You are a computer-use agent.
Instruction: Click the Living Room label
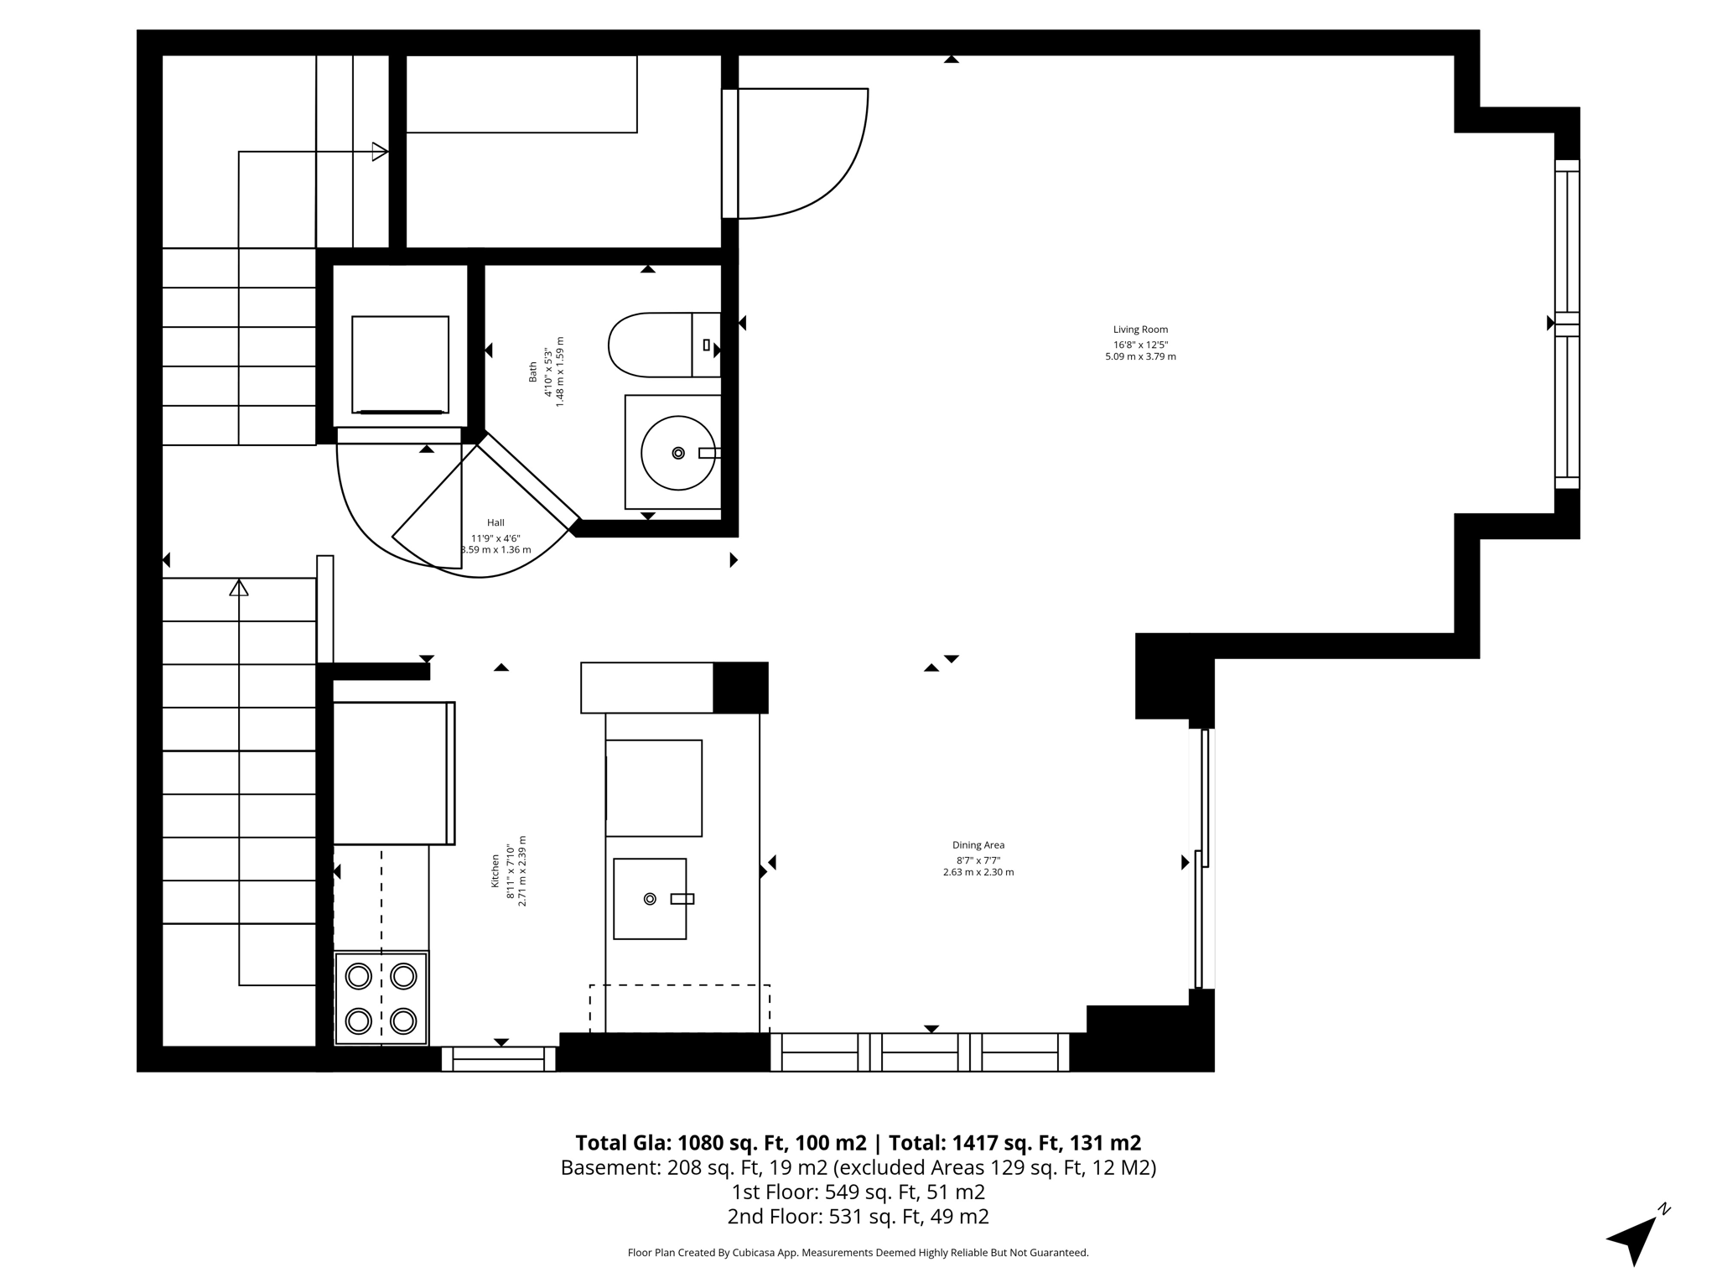point(1140,330)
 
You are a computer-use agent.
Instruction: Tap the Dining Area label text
point(978,845)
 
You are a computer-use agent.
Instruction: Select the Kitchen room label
point(495,871)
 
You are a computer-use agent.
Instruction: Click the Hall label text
point(495,522)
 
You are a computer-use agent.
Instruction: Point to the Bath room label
point(532,371)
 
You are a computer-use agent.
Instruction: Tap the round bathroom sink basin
point(677,453)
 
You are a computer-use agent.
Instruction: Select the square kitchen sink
point(650,898)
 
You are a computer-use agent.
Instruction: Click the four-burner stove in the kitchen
point(381,998)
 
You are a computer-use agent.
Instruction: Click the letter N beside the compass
point(1664,1209)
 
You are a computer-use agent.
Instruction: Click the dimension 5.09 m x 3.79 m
point(1140,356)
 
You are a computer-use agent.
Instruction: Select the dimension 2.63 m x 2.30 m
point(978,872)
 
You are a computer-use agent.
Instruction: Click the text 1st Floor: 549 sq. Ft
point(858,1192)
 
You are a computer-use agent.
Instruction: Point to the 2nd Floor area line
point(858,1216)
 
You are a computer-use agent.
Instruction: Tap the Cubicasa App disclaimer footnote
point(858,1253)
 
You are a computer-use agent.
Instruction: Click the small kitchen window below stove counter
point(499,1060)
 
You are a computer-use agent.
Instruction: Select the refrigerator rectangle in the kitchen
point(392,772)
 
